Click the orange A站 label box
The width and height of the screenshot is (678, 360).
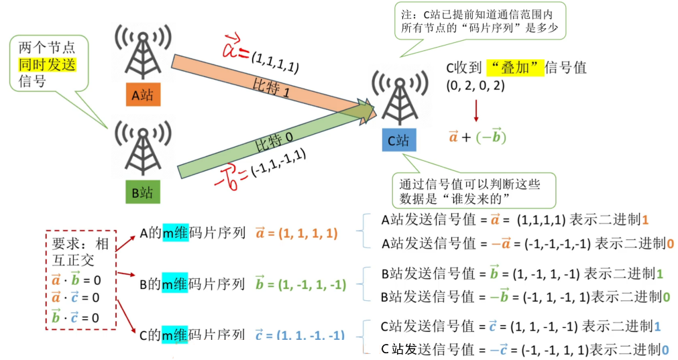tap(142, 95)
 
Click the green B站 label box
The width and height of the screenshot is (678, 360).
tap(142, 192)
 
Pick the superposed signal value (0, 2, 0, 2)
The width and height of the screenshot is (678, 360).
tap(475, 85)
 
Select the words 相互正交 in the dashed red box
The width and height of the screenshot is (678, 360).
tap(75, 249)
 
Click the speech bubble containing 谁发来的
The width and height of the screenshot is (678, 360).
tap(469, 190)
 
